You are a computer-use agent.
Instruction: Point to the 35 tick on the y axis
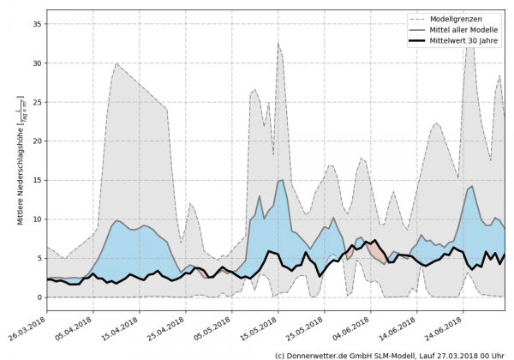[x=35, y=24]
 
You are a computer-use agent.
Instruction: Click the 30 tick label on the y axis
[x=35, y=63]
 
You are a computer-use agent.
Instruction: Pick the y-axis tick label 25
[x=35, y=103]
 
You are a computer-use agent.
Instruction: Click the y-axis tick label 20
[x=35, y=141]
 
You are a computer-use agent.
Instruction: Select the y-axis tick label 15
[x=35, y=181]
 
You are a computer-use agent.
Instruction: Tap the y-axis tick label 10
[x=35, y=219]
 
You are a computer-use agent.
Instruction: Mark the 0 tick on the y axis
[x=38, y=297]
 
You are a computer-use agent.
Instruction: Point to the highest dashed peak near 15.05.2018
[x=278, y=44]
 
